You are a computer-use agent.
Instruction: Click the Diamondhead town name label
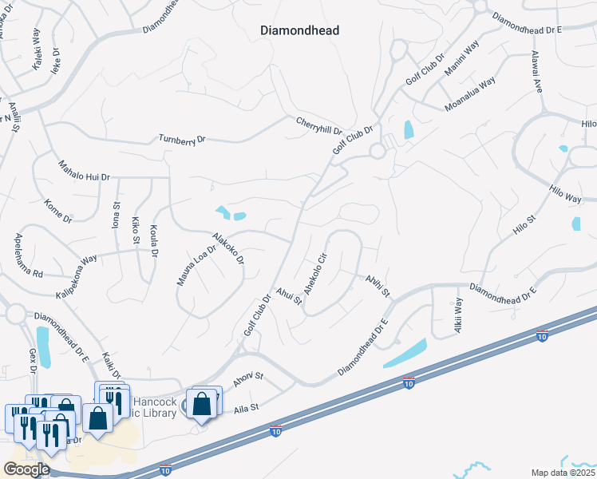tap(300, 30)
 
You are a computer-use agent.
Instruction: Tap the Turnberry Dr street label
tap(182, 139)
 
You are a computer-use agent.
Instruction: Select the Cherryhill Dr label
tap(318, 125)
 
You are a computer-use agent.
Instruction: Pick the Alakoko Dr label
tap(227, 248)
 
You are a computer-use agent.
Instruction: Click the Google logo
tap(26, 469)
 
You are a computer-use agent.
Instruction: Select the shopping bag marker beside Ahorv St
tap(203, 403)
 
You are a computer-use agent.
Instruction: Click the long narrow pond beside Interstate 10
tap(405, 353)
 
